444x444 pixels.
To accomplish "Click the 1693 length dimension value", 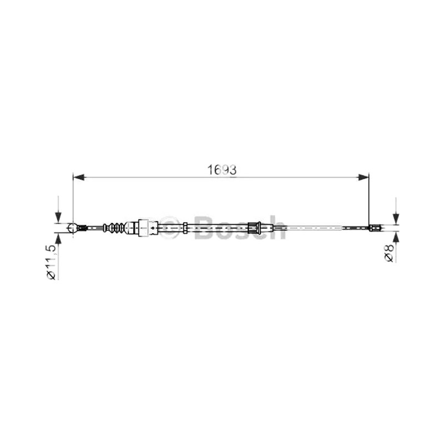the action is point(222,170).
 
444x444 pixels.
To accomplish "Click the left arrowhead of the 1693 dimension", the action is point(79,178).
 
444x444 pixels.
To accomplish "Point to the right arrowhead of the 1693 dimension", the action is point(364,178).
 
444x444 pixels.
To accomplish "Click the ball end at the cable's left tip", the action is point(73,228).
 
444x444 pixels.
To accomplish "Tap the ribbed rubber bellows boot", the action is point(114,228).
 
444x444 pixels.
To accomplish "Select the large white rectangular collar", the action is point(143,228).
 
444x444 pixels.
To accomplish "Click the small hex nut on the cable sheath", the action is point(185,228).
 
